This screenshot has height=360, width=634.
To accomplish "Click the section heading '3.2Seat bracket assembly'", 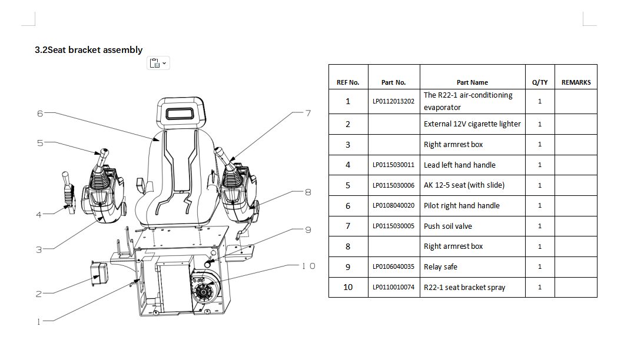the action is (88, 49).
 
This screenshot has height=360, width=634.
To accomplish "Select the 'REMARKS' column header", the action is (576, 82).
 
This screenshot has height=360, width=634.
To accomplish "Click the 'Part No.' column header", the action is (393, 82).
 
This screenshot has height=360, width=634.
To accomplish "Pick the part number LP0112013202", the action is (393, 101).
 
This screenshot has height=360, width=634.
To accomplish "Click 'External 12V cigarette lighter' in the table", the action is (472, 124).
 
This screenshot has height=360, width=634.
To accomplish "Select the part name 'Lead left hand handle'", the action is (459, 165).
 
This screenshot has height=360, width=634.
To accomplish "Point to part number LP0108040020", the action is (393, 205).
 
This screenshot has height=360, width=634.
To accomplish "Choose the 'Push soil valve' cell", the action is (447, 226).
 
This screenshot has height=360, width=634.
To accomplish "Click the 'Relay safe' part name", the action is (440, 266).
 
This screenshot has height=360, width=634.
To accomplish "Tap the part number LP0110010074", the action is (393, 287).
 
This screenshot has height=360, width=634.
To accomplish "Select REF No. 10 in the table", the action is (348, 287).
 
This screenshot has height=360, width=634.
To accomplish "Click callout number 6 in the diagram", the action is (40, 114).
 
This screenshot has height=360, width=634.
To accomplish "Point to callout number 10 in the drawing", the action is (308, 266).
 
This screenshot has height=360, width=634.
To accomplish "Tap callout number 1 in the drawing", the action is (39, 322).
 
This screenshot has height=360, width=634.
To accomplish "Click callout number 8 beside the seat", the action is (308, 192).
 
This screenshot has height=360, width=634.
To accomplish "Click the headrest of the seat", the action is (181, 113).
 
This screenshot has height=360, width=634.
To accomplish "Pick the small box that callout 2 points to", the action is (99, 274).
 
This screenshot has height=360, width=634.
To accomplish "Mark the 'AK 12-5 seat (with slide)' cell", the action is (464, 185).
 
